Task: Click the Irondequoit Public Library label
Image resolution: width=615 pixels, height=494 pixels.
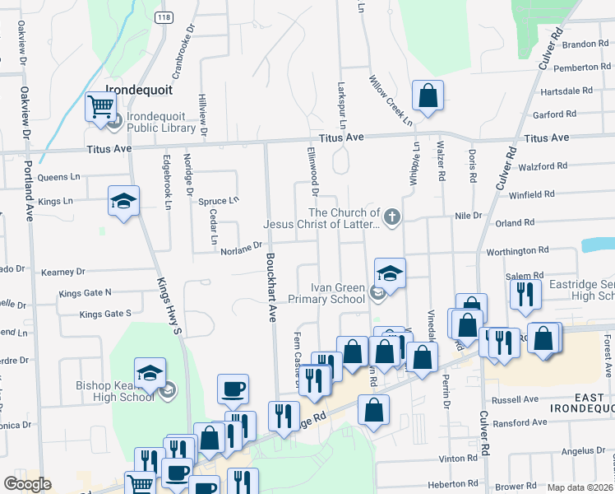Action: pyautogui.click(x=161, y=122)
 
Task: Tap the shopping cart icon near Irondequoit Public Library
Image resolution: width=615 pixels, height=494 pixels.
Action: pyautogui.click(x=100, y=107)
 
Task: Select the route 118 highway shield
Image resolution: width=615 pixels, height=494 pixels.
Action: pyautogui.click(x=164, y=16)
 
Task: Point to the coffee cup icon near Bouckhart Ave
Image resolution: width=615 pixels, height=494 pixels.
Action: pyautogui.click(x=234, y=389)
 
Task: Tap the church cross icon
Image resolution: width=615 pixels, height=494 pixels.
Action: pyautogui.click(x=392, y=217)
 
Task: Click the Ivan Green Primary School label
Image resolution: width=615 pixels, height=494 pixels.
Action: pyautogui.click(x=338, y=294)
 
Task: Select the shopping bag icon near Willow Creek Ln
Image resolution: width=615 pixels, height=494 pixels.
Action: pyautogui.click(x=428, y=96)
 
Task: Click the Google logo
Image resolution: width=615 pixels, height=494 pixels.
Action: pyautogui.click(x=28, y=484)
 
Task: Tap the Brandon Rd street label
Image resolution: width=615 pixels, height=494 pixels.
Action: pyautogui.click(x=585, y=44)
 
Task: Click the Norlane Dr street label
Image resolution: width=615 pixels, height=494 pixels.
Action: pyautogui.click(x=240, y=245)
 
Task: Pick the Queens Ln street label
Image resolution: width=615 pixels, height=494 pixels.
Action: pyautogui.click(x=59, y=176)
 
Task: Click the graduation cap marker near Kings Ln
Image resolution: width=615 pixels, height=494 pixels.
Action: pyautogui.click(x=123, y=202)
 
